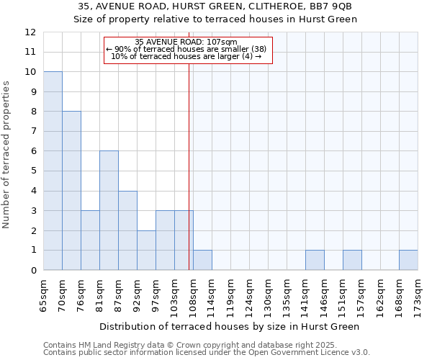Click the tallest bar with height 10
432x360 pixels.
[x=53, y=171]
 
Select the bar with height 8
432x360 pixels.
[x=71, y=191]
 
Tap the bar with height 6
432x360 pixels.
[x=109, y=210]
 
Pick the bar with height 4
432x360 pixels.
[x=127, y=230]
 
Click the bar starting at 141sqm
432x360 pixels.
[x=315, y=260]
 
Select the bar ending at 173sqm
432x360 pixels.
[x=408, y=260]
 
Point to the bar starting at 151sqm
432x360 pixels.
[x=352, y=260]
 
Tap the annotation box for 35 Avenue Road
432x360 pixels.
[x=189, y=50]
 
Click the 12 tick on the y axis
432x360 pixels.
[x=30, y=32]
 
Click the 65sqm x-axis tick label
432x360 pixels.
[x=44, y=294]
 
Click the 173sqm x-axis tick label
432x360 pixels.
[x=418, y=294]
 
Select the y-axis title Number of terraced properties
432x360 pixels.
[x=7, y=154]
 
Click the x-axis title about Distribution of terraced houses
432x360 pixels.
[x=229, y=326]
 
